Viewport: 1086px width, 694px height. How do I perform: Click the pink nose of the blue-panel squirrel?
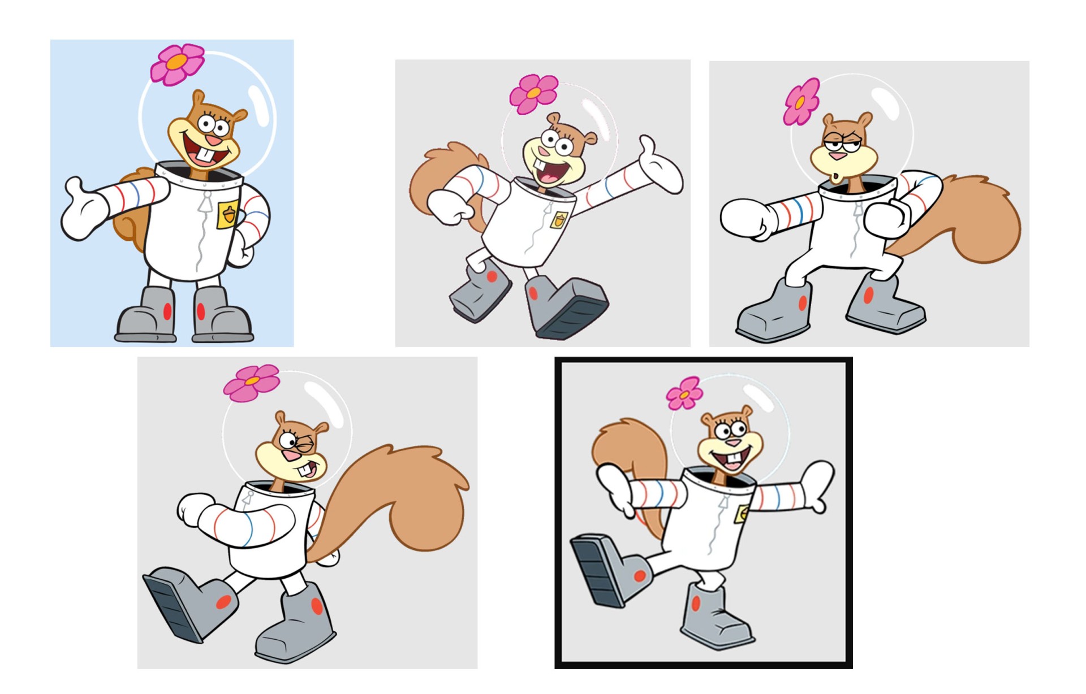click(213, 140)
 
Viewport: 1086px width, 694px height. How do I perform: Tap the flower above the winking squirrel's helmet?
click(252, 383)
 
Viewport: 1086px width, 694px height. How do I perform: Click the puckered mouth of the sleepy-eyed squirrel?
click(837, 177)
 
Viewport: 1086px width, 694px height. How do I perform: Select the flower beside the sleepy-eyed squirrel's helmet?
click(801, 102)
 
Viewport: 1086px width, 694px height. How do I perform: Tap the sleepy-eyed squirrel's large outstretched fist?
click(744, 218)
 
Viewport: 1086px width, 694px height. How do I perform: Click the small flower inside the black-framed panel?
click(684, 393)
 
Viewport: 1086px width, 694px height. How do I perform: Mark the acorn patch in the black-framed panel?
click(743, 514)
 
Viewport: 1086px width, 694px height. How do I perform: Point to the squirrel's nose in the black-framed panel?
click(735, 443)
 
